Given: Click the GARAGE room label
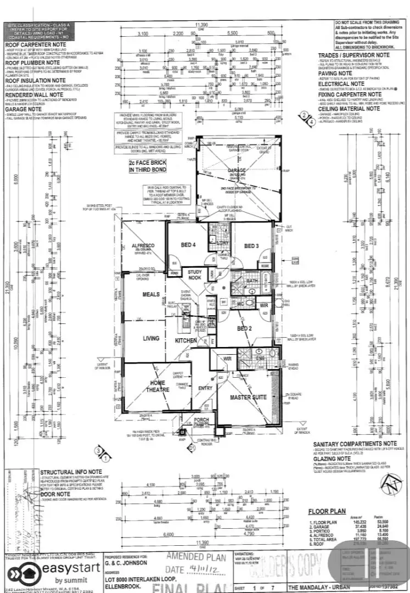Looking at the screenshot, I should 237,170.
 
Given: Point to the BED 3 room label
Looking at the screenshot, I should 251,245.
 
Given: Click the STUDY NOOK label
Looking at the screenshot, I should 195,274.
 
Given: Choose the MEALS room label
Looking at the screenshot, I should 151,294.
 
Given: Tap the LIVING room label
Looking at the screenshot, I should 151,339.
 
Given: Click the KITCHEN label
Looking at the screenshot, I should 186,340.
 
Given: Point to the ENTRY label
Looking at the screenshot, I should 204,388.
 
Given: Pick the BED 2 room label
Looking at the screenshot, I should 245,328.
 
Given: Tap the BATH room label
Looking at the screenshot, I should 252,281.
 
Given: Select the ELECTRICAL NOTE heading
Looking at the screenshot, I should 345,84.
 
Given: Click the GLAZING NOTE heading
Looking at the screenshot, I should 335,458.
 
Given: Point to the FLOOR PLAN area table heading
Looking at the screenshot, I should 327,511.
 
